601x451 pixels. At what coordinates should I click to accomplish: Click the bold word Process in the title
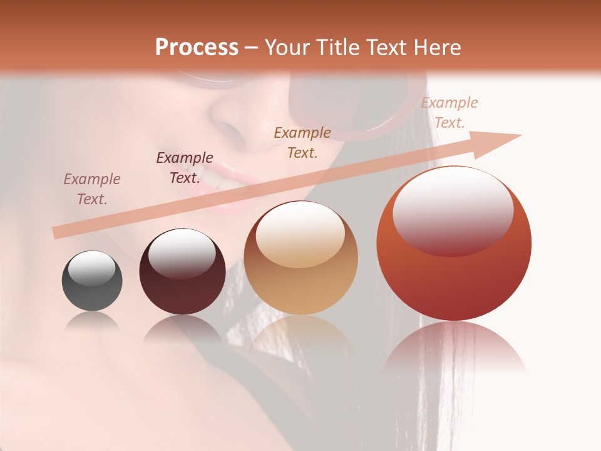197,47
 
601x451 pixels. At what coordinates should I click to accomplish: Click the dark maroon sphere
182,272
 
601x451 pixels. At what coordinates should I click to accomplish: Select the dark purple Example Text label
185,168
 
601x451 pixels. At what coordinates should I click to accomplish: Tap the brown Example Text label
302,142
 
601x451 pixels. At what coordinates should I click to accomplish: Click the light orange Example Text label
449,113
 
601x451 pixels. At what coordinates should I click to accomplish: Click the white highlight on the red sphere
453,210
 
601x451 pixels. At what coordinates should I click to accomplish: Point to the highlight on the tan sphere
300,235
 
